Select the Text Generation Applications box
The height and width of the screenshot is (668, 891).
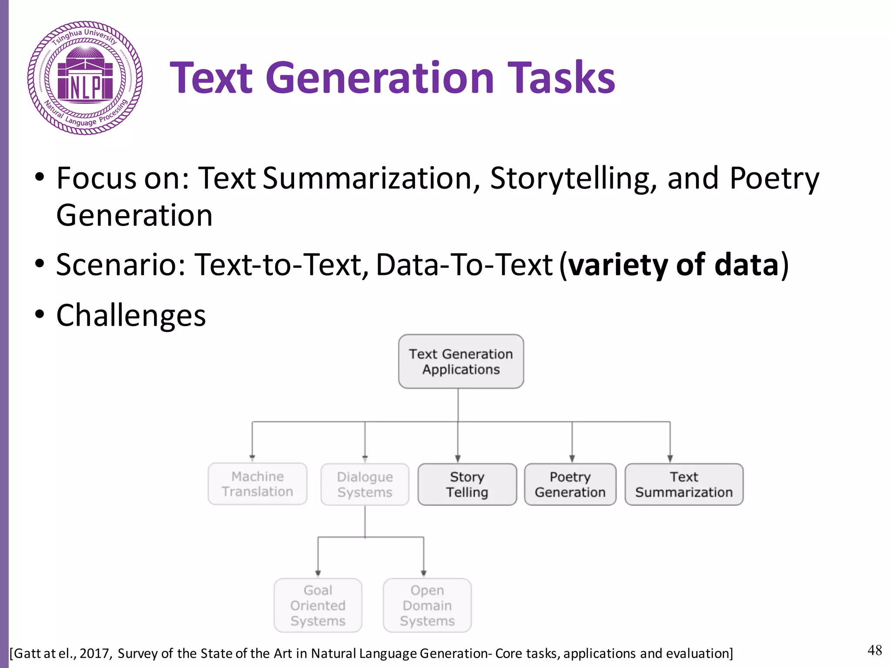pos(461,361)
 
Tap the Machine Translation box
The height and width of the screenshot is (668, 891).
pos(257,484)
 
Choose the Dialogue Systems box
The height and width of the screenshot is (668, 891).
pos(365,484)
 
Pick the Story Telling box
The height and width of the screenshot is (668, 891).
pos(467,484)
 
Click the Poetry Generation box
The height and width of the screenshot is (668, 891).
pos(570,484)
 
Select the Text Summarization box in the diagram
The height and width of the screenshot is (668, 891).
pos(684,484)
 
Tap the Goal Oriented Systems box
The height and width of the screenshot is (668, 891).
pos(318,605)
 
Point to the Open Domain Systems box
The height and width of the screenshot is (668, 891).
pos(427,605)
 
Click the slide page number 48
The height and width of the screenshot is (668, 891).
pos(874,651)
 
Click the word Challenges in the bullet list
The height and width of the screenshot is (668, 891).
pos(131,315)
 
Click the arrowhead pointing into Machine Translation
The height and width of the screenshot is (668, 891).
pos(252,458)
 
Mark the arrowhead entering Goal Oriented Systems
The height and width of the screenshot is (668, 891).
pos(318,573)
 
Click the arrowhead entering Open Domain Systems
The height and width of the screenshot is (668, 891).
pos(424,573)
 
